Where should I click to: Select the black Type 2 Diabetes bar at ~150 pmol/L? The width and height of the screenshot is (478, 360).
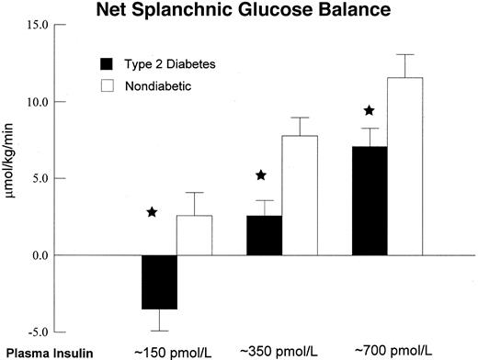click(159, 282)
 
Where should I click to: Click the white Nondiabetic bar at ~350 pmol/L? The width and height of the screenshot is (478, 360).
click(302, 195)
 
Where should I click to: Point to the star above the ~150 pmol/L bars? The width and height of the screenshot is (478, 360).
click(152, 213)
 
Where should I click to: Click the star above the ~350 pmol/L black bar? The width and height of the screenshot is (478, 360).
click(260, 175)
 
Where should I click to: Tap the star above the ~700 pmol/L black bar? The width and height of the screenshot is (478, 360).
click(369, 111)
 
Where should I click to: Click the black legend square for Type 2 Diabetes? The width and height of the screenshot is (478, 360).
click(106, 63)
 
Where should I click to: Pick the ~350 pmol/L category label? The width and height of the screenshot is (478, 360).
click(281, 351)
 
